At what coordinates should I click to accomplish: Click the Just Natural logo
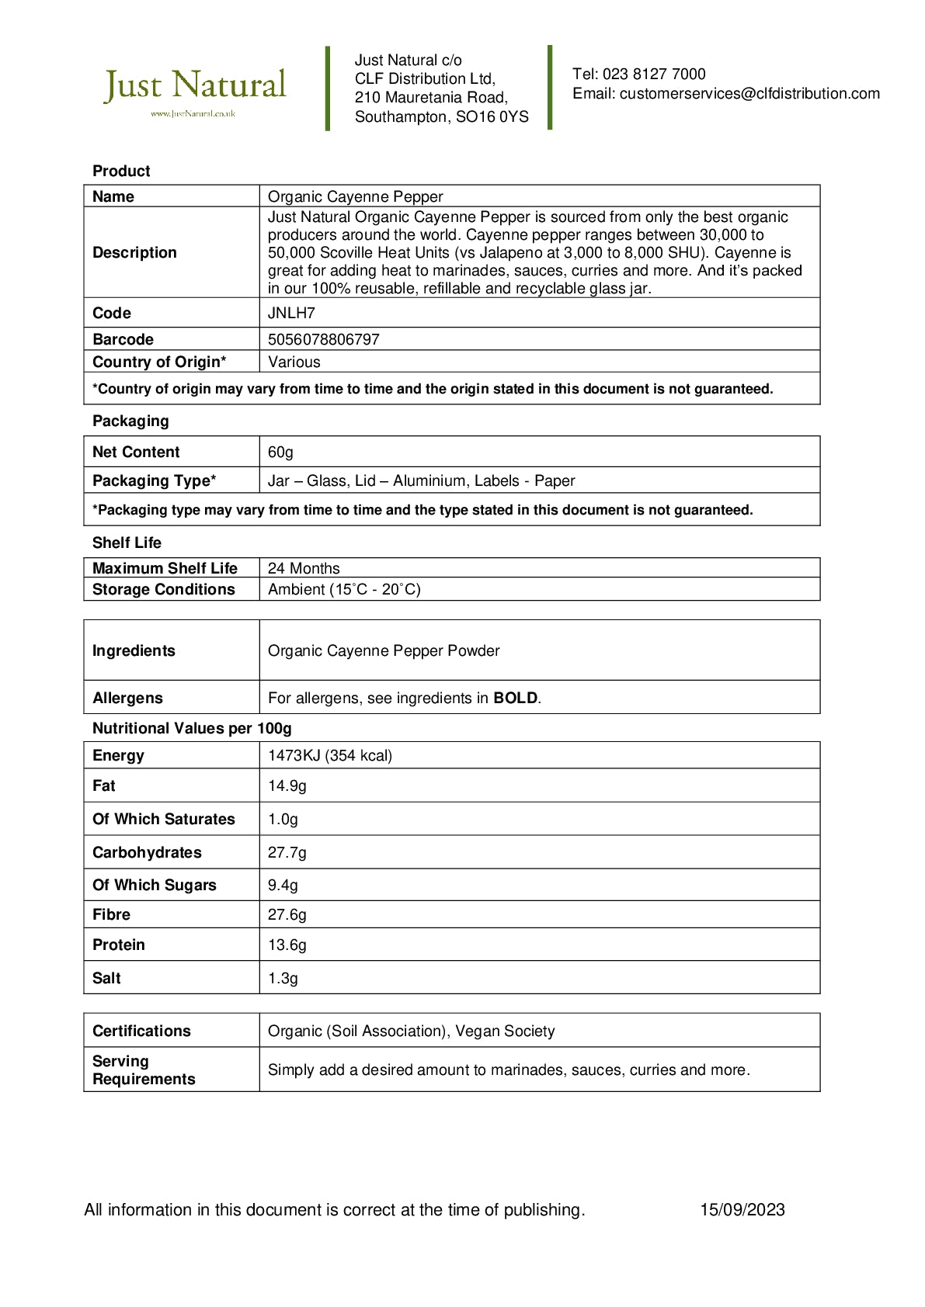pyautogui.click(x=195, y=90)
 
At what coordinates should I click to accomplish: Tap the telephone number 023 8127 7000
pyautogui.click(x=654, y=75)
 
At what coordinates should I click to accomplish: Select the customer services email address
pyautogui.click(x=749, y=94)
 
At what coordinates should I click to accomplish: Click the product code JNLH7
pyautogui.click(x=291, y=314)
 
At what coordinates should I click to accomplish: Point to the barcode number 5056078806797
pyautogui.click(x=323, y=340)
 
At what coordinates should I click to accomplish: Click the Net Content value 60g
pyautogui.click(x=280, y=452)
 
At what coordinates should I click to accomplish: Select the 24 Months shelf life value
pyautogui.click(x=304, y=569)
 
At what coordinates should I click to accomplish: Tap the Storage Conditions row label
pyautogui.click(x=163, y=590)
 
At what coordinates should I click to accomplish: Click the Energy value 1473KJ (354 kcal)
pyautogui.click(x=330, y=756)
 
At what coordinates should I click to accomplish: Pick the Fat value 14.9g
pyautogui.click(x=287, y=786)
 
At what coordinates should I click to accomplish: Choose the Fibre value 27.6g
pyautogui.click(x=287, y=915)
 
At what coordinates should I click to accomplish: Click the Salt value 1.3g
pyautogui.click(x=283, y=979)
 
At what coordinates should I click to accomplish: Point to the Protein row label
pyautogui.click(x=119, y=945)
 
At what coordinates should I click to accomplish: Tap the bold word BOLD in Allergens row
pyautogui.click(x=515, y=699)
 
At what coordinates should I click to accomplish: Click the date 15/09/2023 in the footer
pyautogui.click(x=742, y=1210)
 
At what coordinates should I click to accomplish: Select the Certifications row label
pyautogui.click(x=141, y=1031)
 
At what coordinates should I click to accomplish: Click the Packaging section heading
pyautogui.click(x=130, y=421)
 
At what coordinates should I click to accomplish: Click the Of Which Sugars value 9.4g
pyautogui.click(x=283, y=886)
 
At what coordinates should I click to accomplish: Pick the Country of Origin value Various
pyautogui.click(x=294, y=362)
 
